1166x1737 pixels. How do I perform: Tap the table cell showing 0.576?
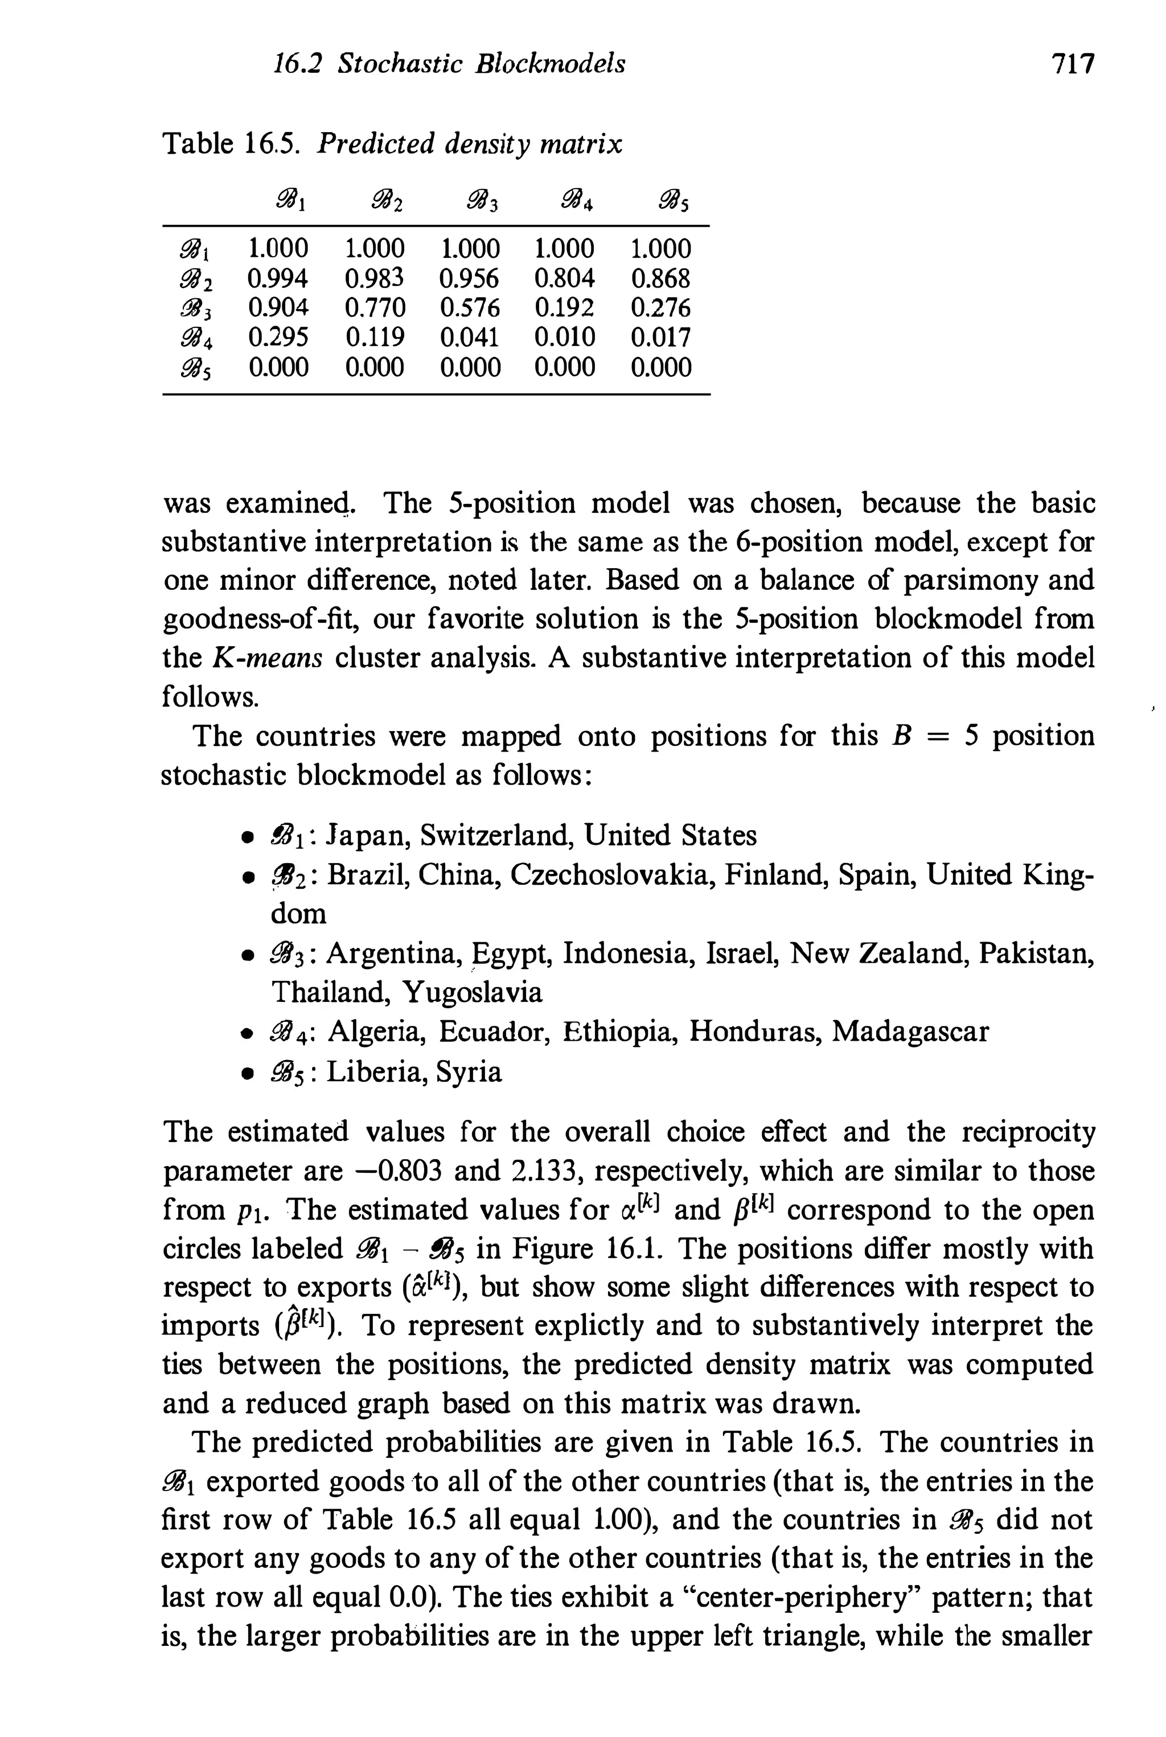pos(470,308)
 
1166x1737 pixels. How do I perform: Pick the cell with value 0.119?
pos(375,338)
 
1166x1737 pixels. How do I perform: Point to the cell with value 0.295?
pos(277,338)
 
